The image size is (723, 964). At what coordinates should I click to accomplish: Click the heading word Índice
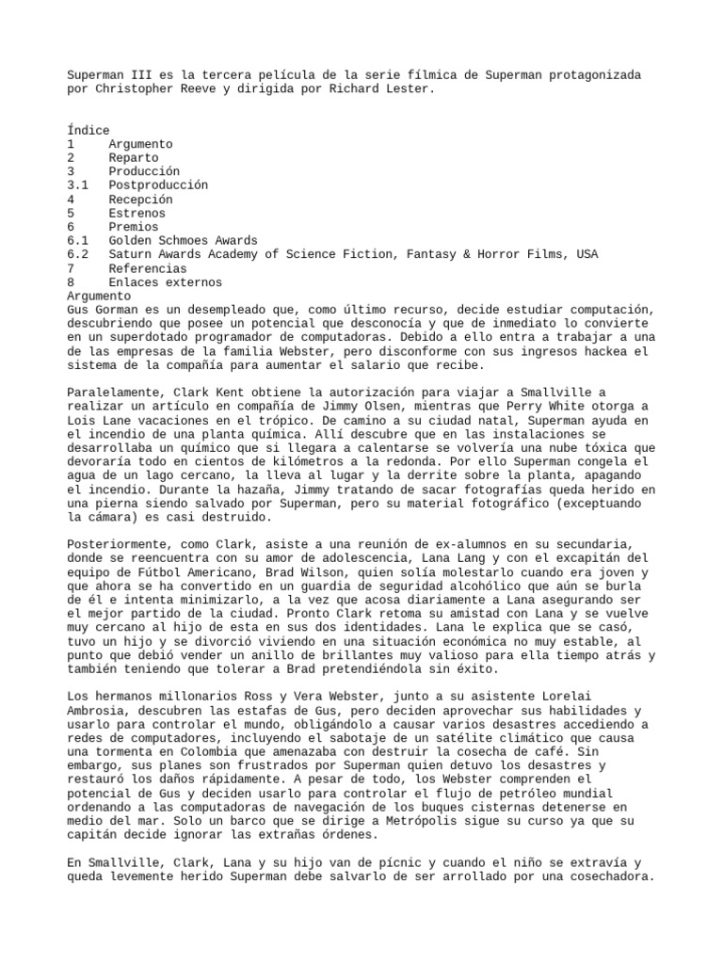tap(88, 131)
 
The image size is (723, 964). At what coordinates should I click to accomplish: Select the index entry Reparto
tap(135, 158)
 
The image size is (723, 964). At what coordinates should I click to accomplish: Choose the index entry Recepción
tap(141, 200)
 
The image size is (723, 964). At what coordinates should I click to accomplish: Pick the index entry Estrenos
tap(138, 213)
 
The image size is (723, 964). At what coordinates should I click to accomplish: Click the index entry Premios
tap(135, 227)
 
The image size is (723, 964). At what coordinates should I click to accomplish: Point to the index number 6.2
tap(78, 254)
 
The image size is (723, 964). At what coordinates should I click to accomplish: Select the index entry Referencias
tap(148, 268)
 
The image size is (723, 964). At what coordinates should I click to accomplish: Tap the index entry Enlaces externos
tap(165, 282)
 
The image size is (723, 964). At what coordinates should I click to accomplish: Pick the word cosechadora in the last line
tap(606, 876)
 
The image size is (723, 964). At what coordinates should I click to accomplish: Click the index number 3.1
tap(78, 185)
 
